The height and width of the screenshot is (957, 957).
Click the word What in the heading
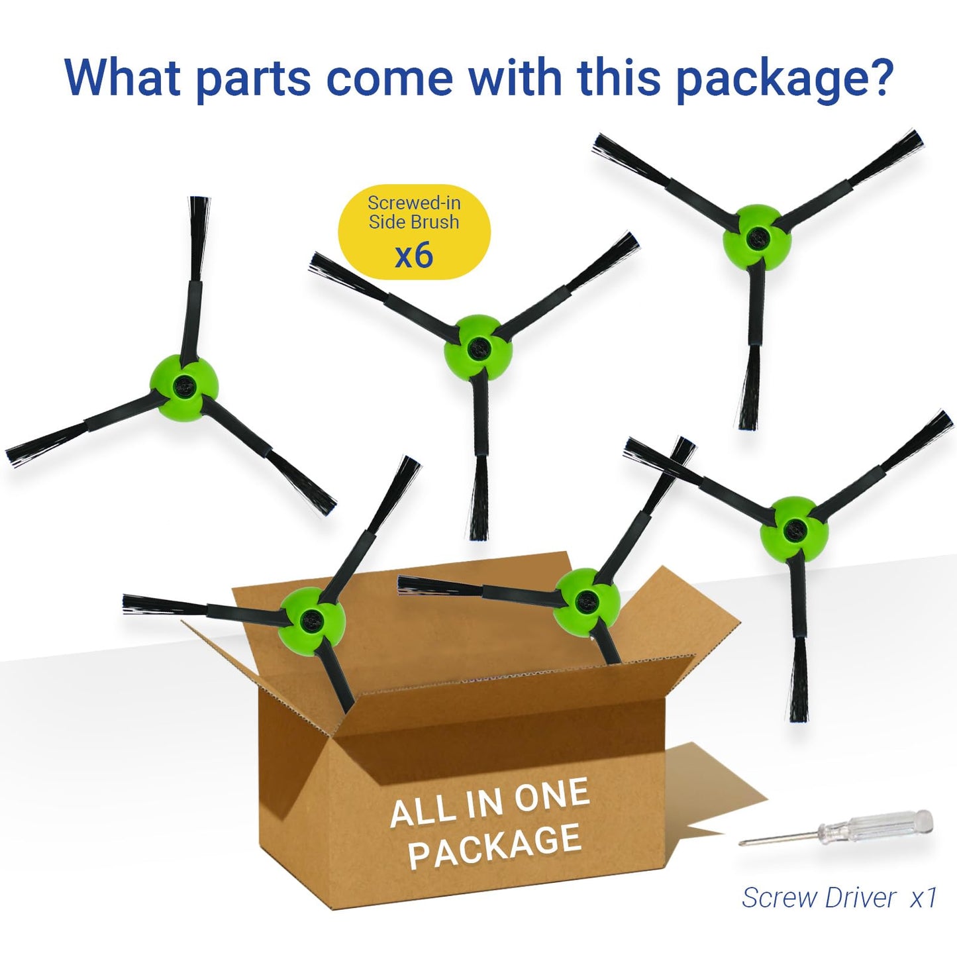pyautogui.click(x=123, y=77)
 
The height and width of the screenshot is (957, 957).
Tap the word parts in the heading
pyautogui.click(x=254, y=78)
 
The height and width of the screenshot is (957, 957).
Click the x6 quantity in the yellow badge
pyautogui.click(x=414, y=255)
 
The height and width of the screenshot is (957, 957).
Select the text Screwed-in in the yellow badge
pyautogui.click(x=414, y=202)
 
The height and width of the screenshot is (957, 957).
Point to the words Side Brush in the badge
pyautogui.click(x=414, y=222)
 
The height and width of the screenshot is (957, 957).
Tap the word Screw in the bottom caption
pyautogui.click(x=779, y=898)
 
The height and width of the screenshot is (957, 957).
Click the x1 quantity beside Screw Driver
pyautogui.click(x=923, y=898)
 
